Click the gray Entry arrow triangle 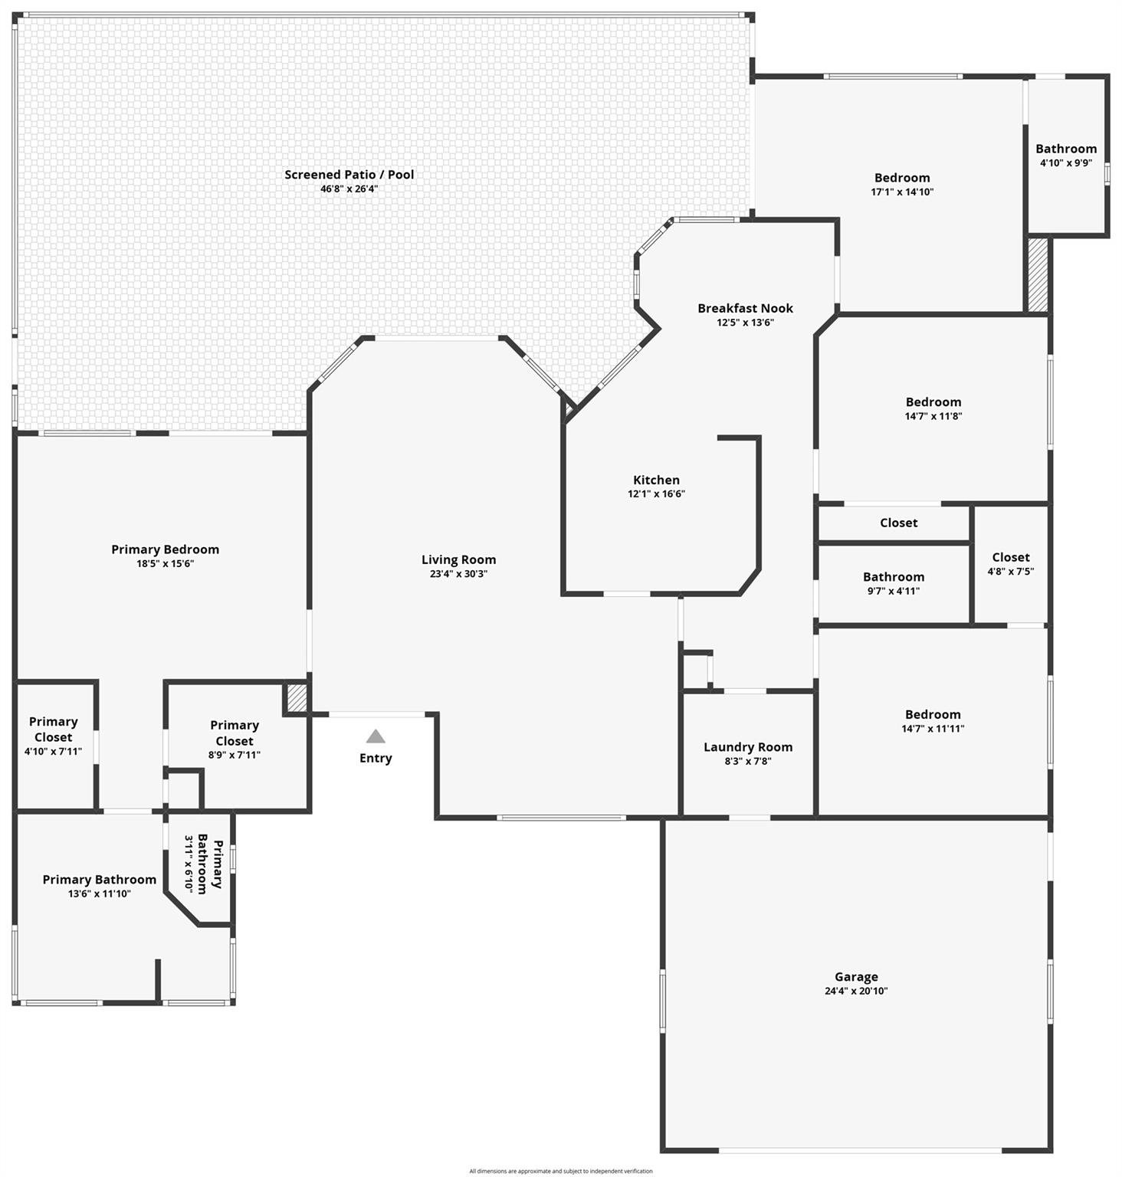(376, 736)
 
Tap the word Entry (376, 758)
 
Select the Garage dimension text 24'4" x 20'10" (856, 991)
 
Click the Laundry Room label (748, 747)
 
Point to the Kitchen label (656, 480)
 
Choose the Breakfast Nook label (745, 308)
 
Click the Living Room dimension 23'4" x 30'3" (458, 574)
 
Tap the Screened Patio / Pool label (349, 175)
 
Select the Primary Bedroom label (165, 549)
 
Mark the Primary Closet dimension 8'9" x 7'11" (235, 755)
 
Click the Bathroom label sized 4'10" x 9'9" (1066, 149)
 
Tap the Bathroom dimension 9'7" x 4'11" (894, 591)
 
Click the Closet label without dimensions (899, 523)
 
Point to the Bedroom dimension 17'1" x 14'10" (902, 192)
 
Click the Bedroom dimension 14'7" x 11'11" (933, 729)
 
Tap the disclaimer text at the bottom (561, 1171)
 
